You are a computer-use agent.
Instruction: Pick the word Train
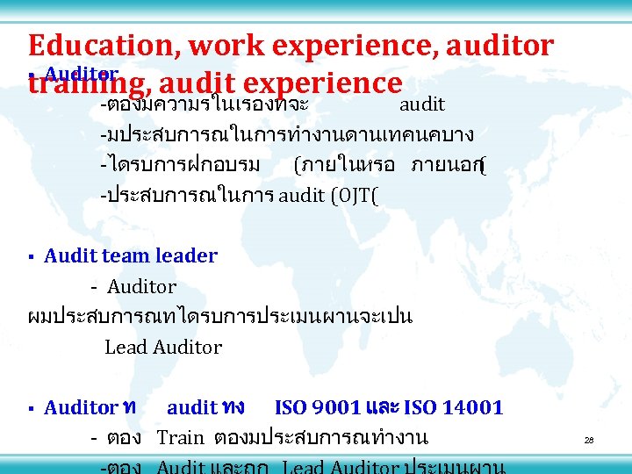pos(180,437)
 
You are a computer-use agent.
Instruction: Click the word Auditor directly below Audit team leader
pos(141,287)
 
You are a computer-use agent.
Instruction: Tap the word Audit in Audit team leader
pos(68,256)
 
